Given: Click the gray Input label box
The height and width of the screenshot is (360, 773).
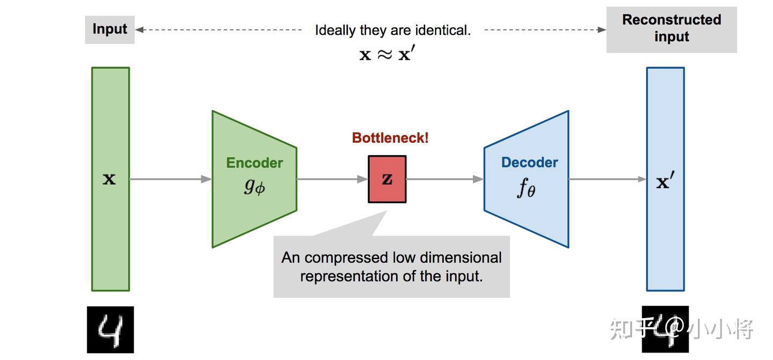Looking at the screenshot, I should point(110,30).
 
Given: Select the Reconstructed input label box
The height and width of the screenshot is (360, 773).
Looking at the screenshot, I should point(671,29).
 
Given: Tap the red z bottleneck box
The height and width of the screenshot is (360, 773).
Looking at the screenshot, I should point(387,179).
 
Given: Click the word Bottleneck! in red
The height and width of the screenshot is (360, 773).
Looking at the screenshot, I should point(390,138).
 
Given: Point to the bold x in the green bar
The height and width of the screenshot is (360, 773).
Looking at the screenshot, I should point(110,179).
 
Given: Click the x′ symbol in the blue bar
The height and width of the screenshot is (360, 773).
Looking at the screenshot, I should point(665,182).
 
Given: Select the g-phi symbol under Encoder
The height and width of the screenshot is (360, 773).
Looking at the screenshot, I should point(254,186).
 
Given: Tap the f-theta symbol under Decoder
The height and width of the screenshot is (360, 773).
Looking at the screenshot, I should point(526,188).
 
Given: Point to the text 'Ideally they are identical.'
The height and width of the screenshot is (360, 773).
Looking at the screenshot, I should point(392,31).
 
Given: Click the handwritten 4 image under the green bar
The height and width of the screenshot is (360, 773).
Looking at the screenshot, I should point(110,329).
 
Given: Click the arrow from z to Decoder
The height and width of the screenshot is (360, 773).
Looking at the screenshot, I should point(445,179).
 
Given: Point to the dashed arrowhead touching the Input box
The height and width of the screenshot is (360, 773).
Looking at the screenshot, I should point(140,30).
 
